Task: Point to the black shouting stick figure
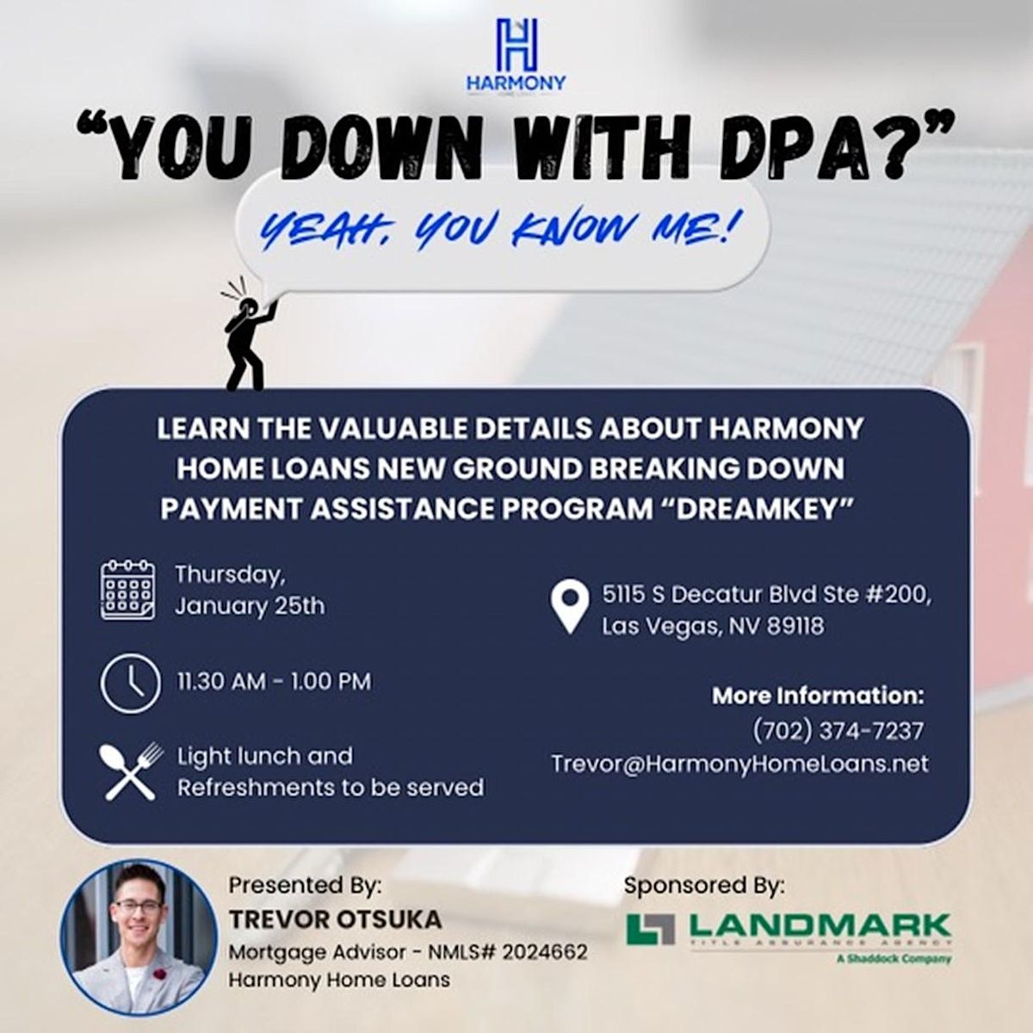(248, 336)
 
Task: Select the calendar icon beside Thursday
(127, 590)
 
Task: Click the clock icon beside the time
(130, 684)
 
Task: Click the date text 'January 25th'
(250, 606)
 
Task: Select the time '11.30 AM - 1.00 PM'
(274, 682)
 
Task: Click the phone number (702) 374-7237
(838, 731)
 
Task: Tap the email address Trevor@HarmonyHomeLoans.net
(739, 764)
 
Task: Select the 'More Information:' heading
(817, 696)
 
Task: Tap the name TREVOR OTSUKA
(335, 919)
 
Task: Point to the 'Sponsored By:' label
(704, 885)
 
